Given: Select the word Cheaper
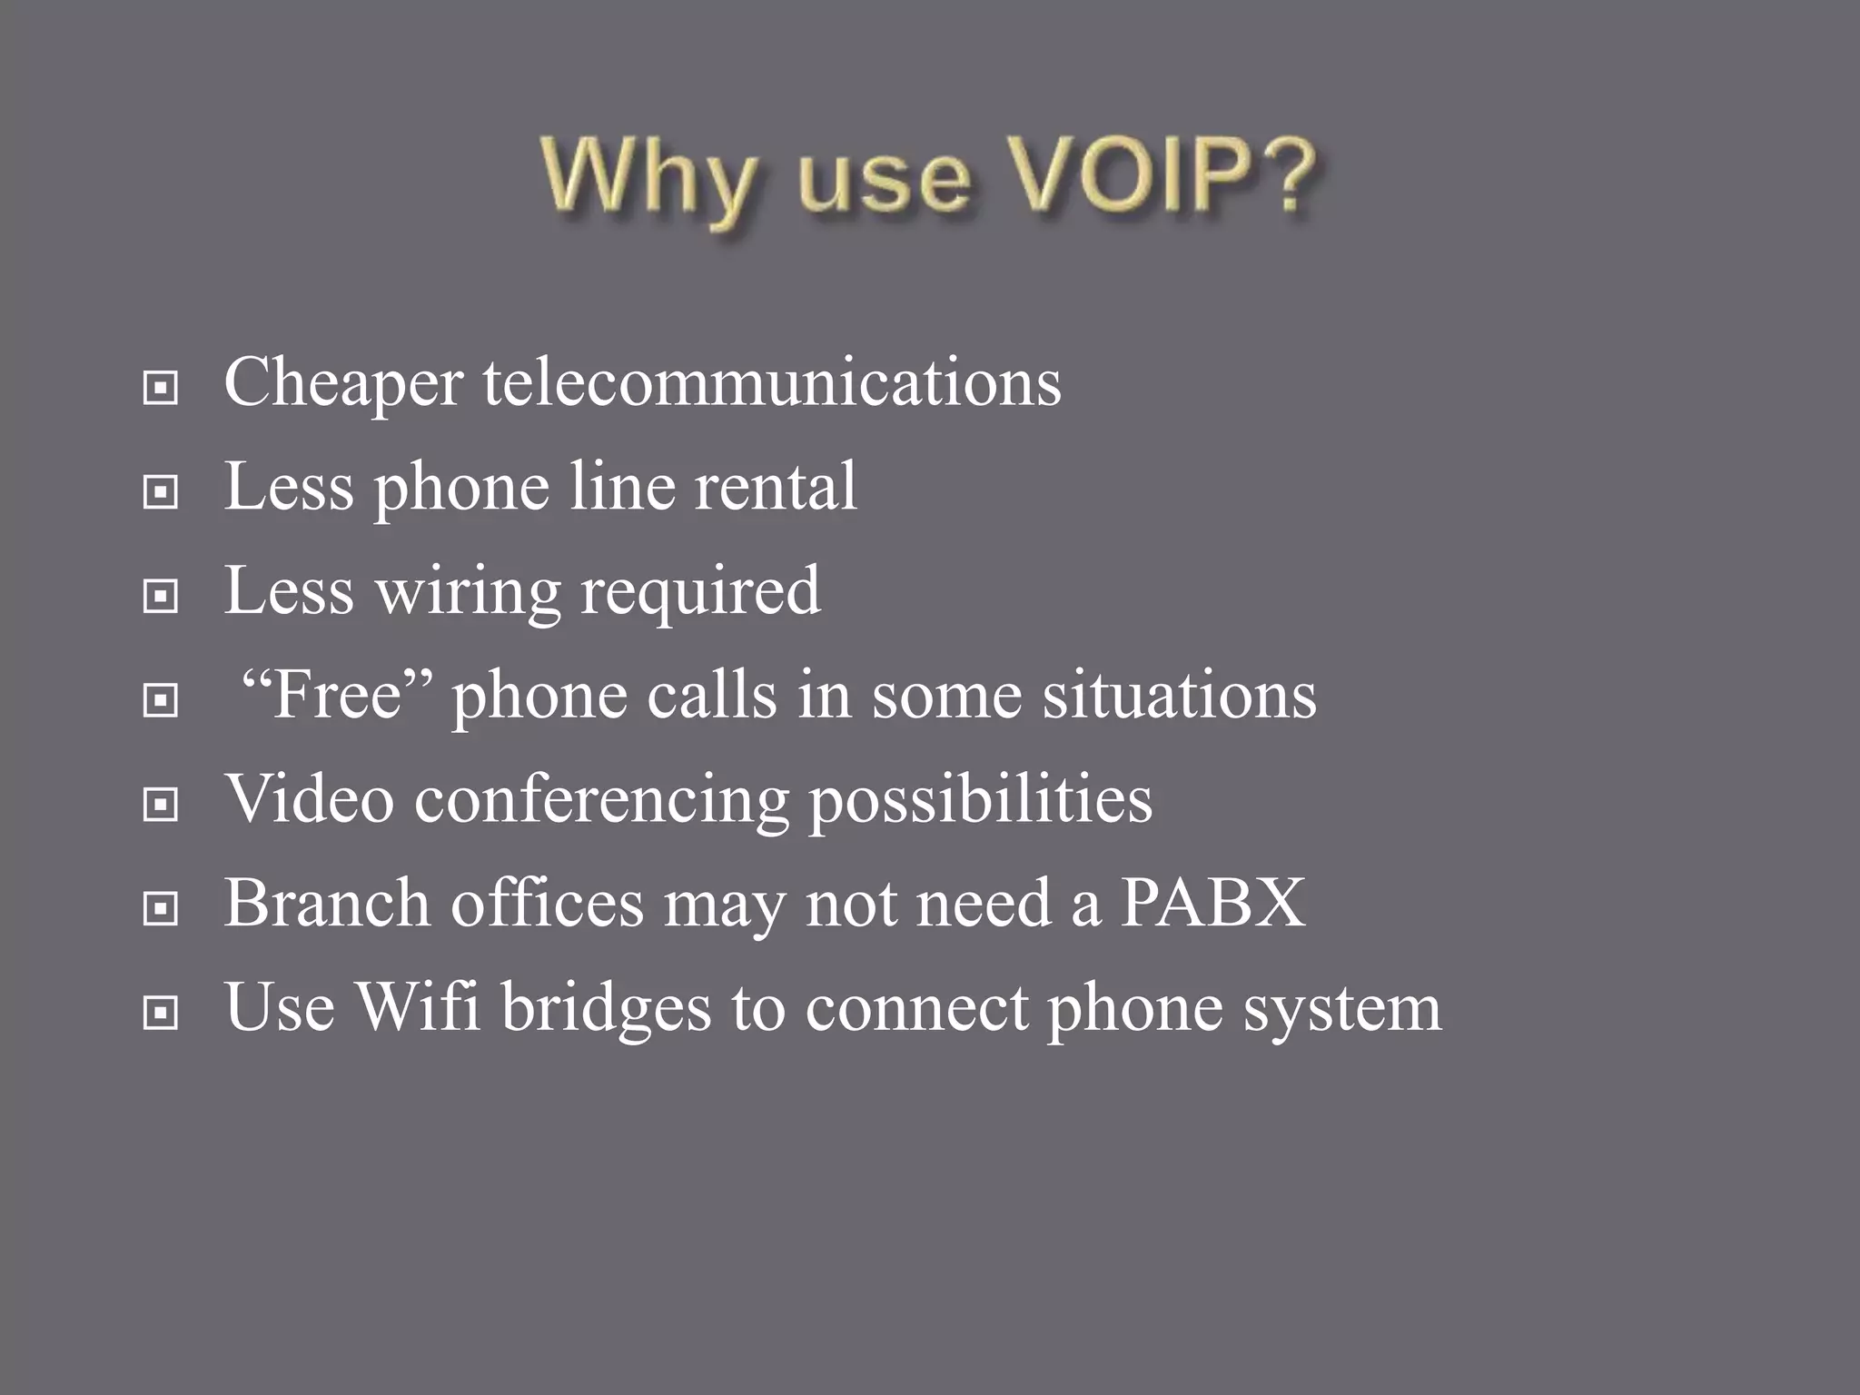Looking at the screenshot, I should click(343, 383).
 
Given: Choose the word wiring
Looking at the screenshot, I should click(468, 592).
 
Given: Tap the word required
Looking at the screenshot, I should click(700, 592).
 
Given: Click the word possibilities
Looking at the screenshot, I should click(980, 801).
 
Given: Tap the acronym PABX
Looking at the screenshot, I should click(1213, 903).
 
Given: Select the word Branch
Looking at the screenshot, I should click(327, 903).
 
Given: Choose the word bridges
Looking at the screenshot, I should click(606, 1008).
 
